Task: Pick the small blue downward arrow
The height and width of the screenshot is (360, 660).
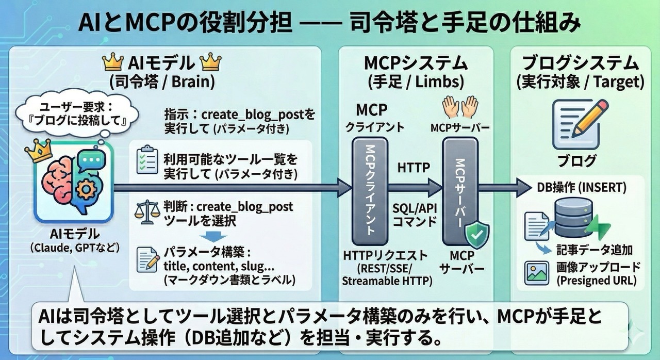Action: click(210, 236)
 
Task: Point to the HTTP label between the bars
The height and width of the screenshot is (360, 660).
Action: click(414, 169)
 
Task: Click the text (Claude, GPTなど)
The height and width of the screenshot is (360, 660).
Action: click(74, 248)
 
